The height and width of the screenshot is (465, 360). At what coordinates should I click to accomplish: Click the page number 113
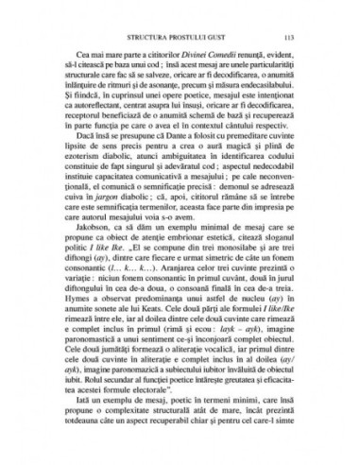[295, 38]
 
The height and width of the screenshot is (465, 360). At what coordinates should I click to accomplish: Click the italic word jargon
[116, 228]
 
